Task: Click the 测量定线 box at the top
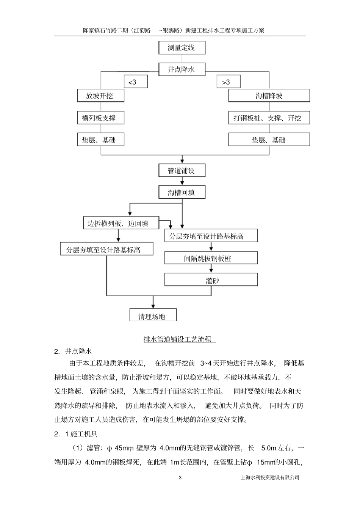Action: coord(182,48)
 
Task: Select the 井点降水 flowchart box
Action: coord(182,69)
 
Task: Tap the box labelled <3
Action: coord(135,82)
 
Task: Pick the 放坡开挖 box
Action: coord(100,96)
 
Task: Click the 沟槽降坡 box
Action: coord(269,96)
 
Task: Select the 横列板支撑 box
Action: coord(100,118)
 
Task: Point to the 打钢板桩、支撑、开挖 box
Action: coord(269,118)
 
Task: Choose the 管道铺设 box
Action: coord(182,170)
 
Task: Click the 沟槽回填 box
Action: coord(182,192)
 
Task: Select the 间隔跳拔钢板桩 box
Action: coord(211,258)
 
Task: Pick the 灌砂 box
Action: coord(211,280)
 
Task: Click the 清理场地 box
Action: coord(153,315)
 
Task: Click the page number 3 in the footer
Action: coord(180,477)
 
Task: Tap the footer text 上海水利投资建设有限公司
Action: coord(270,477)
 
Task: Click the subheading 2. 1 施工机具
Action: coord(76,434)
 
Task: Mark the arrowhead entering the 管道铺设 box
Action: coord(182,161)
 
